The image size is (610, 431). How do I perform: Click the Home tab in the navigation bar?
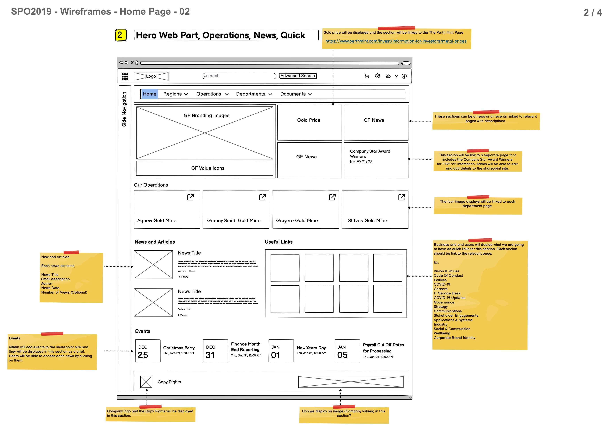point(150,94)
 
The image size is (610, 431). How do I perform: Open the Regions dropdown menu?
point(175,94)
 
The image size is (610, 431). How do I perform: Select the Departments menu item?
point(254,94)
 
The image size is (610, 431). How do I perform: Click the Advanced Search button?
point(298,76)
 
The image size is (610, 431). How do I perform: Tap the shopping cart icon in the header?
point(367,76)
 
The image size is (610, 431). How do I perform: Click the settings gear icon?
point(378,76)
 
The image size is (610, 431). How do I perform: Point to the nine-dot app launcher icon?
point(125,76)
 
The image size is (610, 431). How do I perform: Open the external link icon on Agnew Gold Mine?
point(190,197)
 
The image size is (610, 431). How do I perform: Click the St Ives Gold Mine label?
point(367,221)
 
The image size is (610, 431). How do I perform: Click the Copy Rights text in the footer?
point(169,382)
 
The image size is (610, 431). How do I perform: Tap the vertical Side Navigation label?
point(124,109)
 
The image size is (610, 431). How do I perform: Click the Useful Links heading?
point(278,242)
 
